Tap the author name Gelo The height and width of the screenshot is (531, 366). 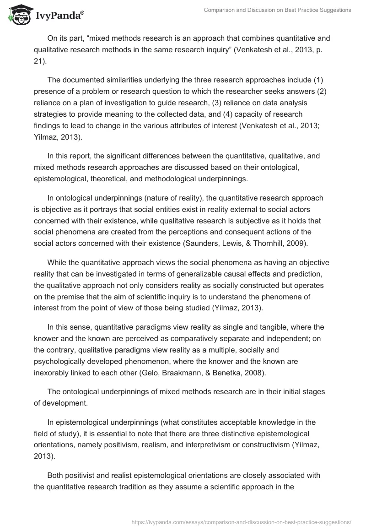[x=192, y=362]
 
